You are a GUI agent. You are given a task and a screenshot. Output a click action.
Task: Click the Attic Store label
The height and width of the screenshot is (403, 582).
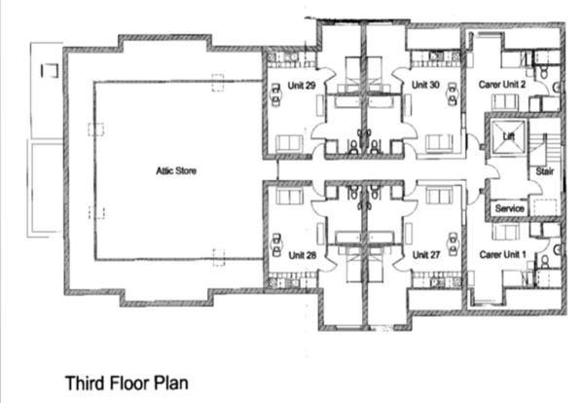[x=176, y=170]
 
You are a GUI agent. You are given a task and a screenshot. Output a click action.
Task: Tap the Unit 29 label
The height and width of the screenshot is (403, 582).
[x=302, y=86]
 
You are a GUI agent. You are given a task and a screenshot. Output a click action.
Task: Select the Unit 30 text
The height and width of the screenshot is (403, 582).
[x=425, y=86]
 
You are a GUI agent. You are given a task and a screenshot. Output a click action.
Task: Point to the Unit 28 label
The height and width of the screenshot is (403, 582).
[x=303, y=254]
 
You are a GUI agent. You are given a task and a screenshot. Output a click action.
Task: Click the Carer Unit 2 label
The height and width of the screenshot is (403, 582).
[x=502, y=86]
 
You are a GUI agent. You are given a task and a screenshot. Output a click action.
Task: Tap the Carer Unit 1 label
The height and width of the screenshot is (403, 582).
[x=502, y=254]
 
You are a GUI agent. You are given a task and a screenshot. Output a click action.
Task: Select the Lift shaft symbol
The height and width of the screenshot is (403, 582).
[x=507, y=136]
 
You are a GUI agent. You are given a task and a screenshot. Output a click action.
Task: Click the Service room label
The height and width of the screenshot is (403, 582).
[x=509, y=208]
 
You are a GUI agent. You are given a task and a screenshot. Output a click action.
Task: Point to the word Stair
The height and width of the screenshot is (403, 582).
[x=544, y=172]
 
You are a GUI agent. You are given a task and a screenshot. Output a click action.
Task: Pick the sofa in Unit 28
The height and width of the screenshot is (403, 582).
[x=289, y=197]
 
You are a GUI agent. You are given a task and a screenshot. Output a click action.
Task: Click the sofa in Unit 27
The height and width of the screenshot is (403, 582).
[x=439, y=197]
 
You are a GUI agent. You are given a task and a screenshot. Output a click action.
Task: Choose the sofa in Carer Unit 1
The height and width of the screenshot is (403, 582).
[x=506, y=234]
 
